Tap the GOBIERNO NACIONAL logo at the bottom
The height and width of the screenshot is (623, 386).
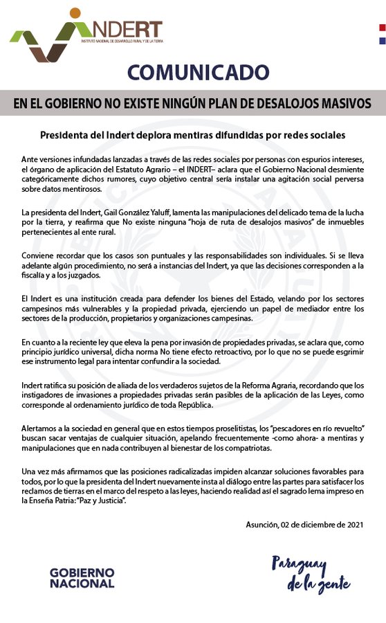point(82,577)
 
